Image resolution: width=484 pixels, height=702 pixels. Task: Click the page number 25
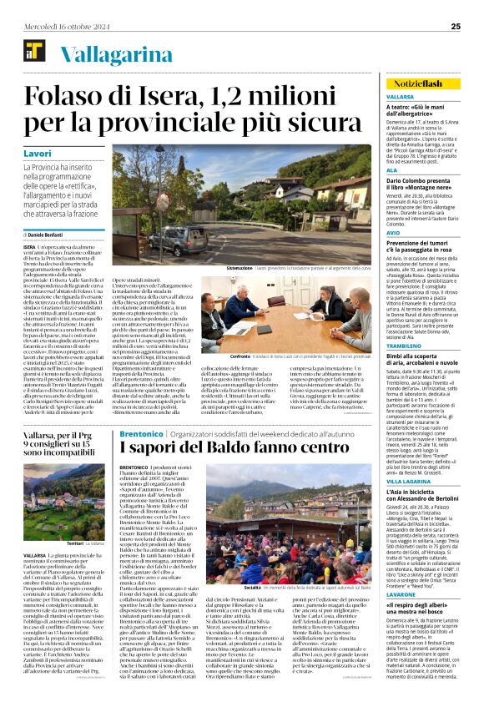(x=456, y=26)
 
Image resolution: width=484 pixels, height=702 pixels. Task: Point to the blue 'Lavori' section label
(x=38, y=154)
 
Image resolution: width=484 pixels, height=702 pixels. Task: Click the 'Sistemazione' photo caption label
(x=245, y=268)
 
